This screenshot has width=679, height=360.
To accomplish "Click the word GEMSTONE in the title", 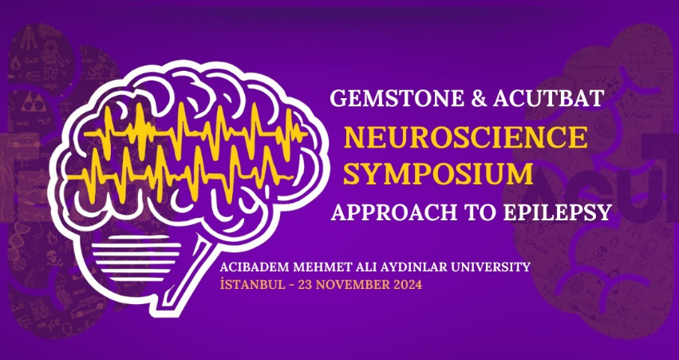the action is (397, 98).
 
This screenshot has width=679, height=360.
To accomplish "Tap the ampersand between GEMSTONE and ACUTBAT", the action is (478, 98).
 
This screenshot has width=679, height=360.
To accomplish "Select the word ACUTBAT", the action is (548, 98).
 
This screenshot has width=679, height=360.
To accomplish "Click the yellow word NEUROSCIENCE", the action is (465, 138).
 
